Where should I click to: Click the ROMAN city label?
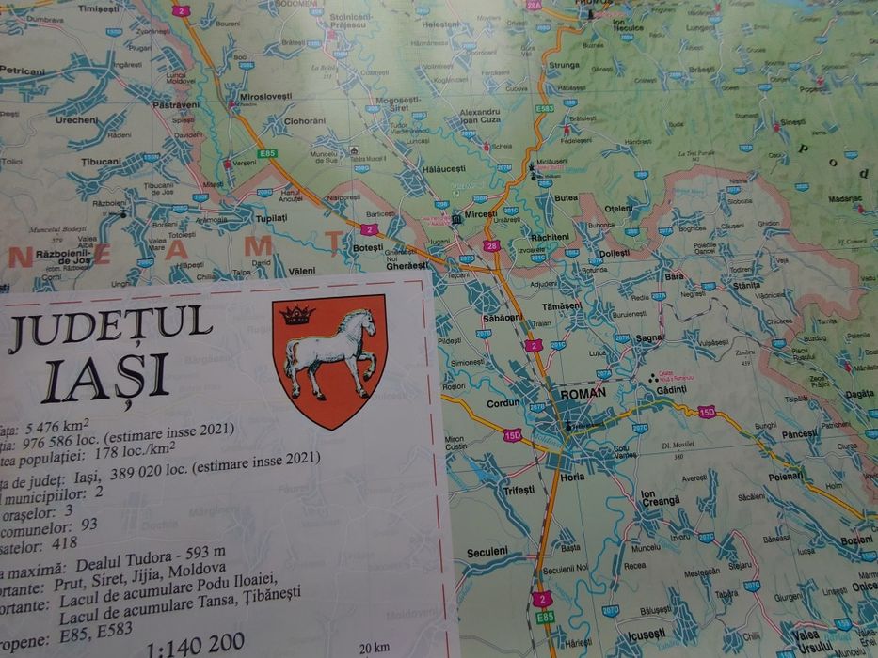tap(583, 394)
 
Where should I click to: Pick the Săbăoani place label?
tap(502, 318)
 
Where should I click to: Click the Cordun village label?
tap(503, 403)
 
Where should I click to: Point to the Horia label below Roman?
tap(572, 477)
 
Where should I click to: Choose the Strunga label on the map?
tap(565, 65)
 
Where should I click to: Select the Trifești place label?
tap(519, 490)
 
